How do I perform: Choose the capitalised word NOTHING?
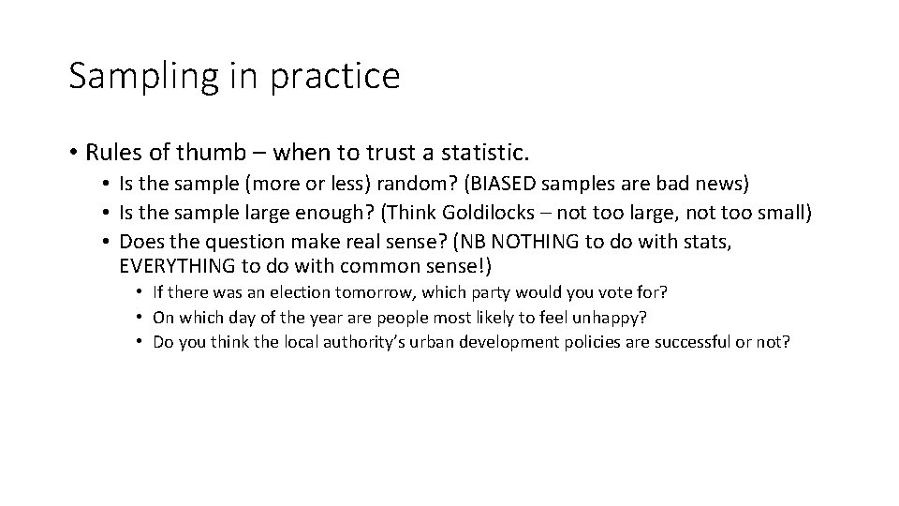point(526,242)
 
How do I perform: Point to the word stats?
point(703,242)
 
